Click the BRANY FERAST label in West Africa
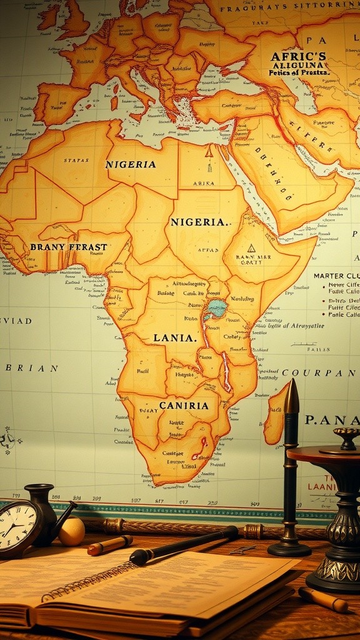[69, 247]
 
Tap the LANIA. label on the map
[175, 338]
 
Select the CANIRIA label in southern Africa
[184, 405]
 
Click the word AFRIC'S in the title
[298, 56]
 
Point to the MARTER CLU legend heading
[336, 276]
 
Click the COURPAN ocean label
[326, 373]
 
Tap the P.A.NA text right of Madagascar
[332, 420]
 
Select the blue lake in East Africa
[216, 308]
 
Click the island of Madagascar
[275, 416]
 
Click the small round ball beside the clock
[71, 531]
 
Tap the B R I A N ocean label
[31, 368]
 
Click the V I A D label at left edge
[17, 321]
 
